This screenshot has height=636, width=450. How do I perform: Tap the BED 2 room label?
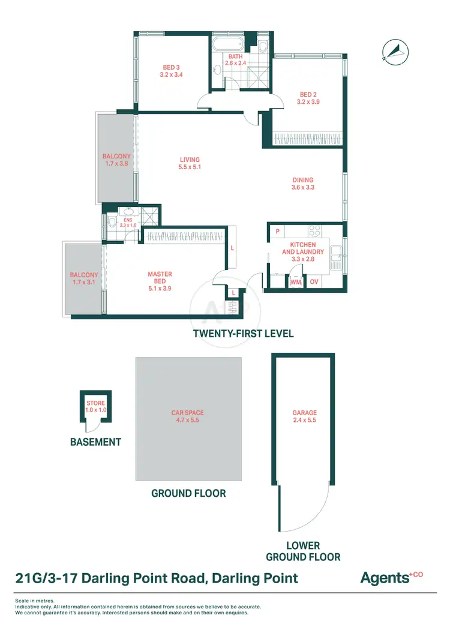tap(308, 98)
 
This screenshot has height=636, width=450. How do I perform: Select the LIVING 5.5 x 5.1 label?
tap(189, 164)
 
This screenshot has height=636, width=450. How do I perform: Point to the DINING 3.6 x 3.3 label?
tap(303, 184)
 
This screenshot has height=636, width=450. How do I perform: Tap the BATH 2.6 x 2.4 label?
tap(235, 59)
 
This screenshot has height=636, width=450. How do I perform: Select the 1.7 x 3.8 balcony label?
tap(116, 160)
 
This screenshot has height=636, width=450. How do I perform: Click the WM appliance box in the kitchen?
tap(295, 282)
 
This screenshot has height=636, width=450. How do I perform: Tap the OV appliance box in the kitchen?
tap(314, 282)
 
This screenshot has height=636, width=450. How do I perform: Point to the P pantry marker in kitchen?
tap(277, 231)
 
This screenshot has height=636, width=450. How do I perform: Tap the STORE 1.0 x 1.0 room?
tap(96, 406)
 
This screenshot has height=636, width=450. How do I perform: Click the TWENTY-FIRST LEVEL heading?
tap(243, 333)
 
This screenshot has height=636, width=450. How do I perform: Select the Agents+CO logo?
tap(391, 578)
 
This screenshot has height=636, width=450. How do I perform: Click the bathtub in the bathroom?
tap(227, 44)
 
